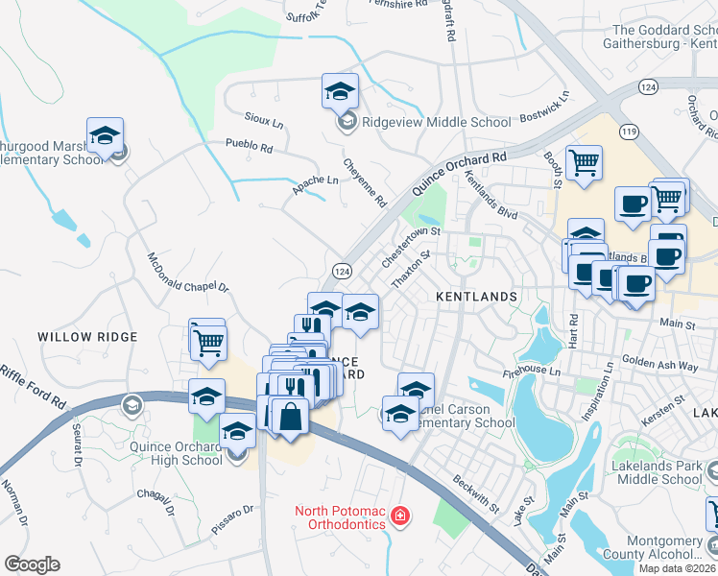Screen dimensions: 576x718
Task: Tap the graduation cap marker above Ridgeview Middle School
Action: pyautogui.click(x=340, y=91)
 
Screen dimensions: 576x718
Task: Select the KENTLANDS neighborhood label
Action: pyautogui.click(x=477, y=298)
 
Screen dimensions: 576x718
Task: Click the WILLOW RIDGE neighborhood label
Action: pyautogui.click(x=87, y=337)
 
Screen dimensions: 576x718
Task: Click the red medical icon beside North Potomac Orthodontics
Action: pyautogui.click(x=399, y=518)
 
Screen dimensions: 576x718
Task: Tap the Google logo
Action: pyautogui.click(x=32, y=564)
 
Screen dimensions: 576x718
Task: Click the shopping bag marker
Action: pyautogui.click(x=289, y=417)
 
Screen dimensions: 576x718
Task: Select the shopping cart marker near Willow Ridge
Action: pyautogui.click(x=207, y=341)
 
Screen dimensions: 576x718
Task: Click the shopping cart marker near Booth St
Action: pyautogui.click(x=584, y=162)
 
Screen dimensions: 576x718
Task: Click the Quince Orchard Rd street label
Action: pyautogui.click(x=459, y=173)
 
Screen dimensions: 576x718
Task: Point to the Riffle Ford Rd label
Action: pyautogui.click(x=32, y=383)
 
